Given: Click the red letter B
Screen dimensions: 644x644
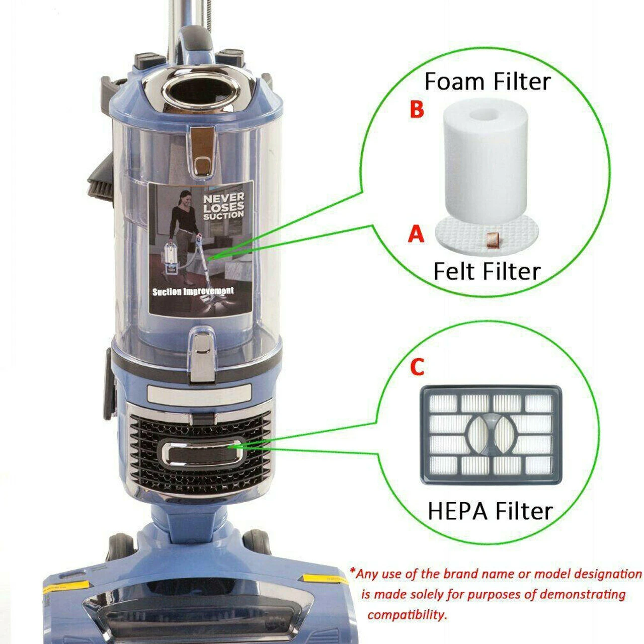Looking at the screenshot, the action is [417, 109].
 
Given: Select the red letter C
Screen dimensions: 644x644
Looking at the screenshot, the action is [417, 367].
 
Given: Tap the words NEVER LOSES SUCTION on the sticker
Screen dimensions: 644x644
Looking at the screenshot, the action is [223, 206].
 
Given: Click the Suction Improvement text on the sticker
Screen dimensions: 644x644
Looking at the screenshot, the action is [193, 291].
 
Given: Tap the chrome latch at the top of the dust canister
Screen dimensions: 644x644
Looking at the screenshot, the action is [202, 150].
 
